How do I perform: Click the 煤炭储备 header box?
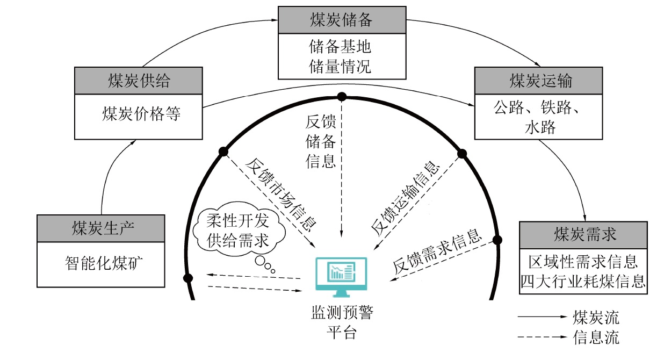point(342,20)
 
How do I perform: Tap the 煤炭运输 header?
point(540,81)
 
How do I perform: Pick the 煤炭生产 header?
point(102,228)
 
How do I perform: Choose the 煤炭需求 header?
point(583,234)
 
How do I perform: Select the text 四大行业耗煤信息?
point(583,281)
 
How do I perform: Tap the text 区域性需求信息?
point(583,262)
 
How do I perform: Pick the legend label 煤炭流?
point(596,318)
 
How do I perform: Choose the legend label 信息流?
point(596,337)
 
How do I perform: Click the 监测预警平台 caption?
point(341,322)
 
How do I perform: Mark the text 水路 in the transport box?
point(540,128)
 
